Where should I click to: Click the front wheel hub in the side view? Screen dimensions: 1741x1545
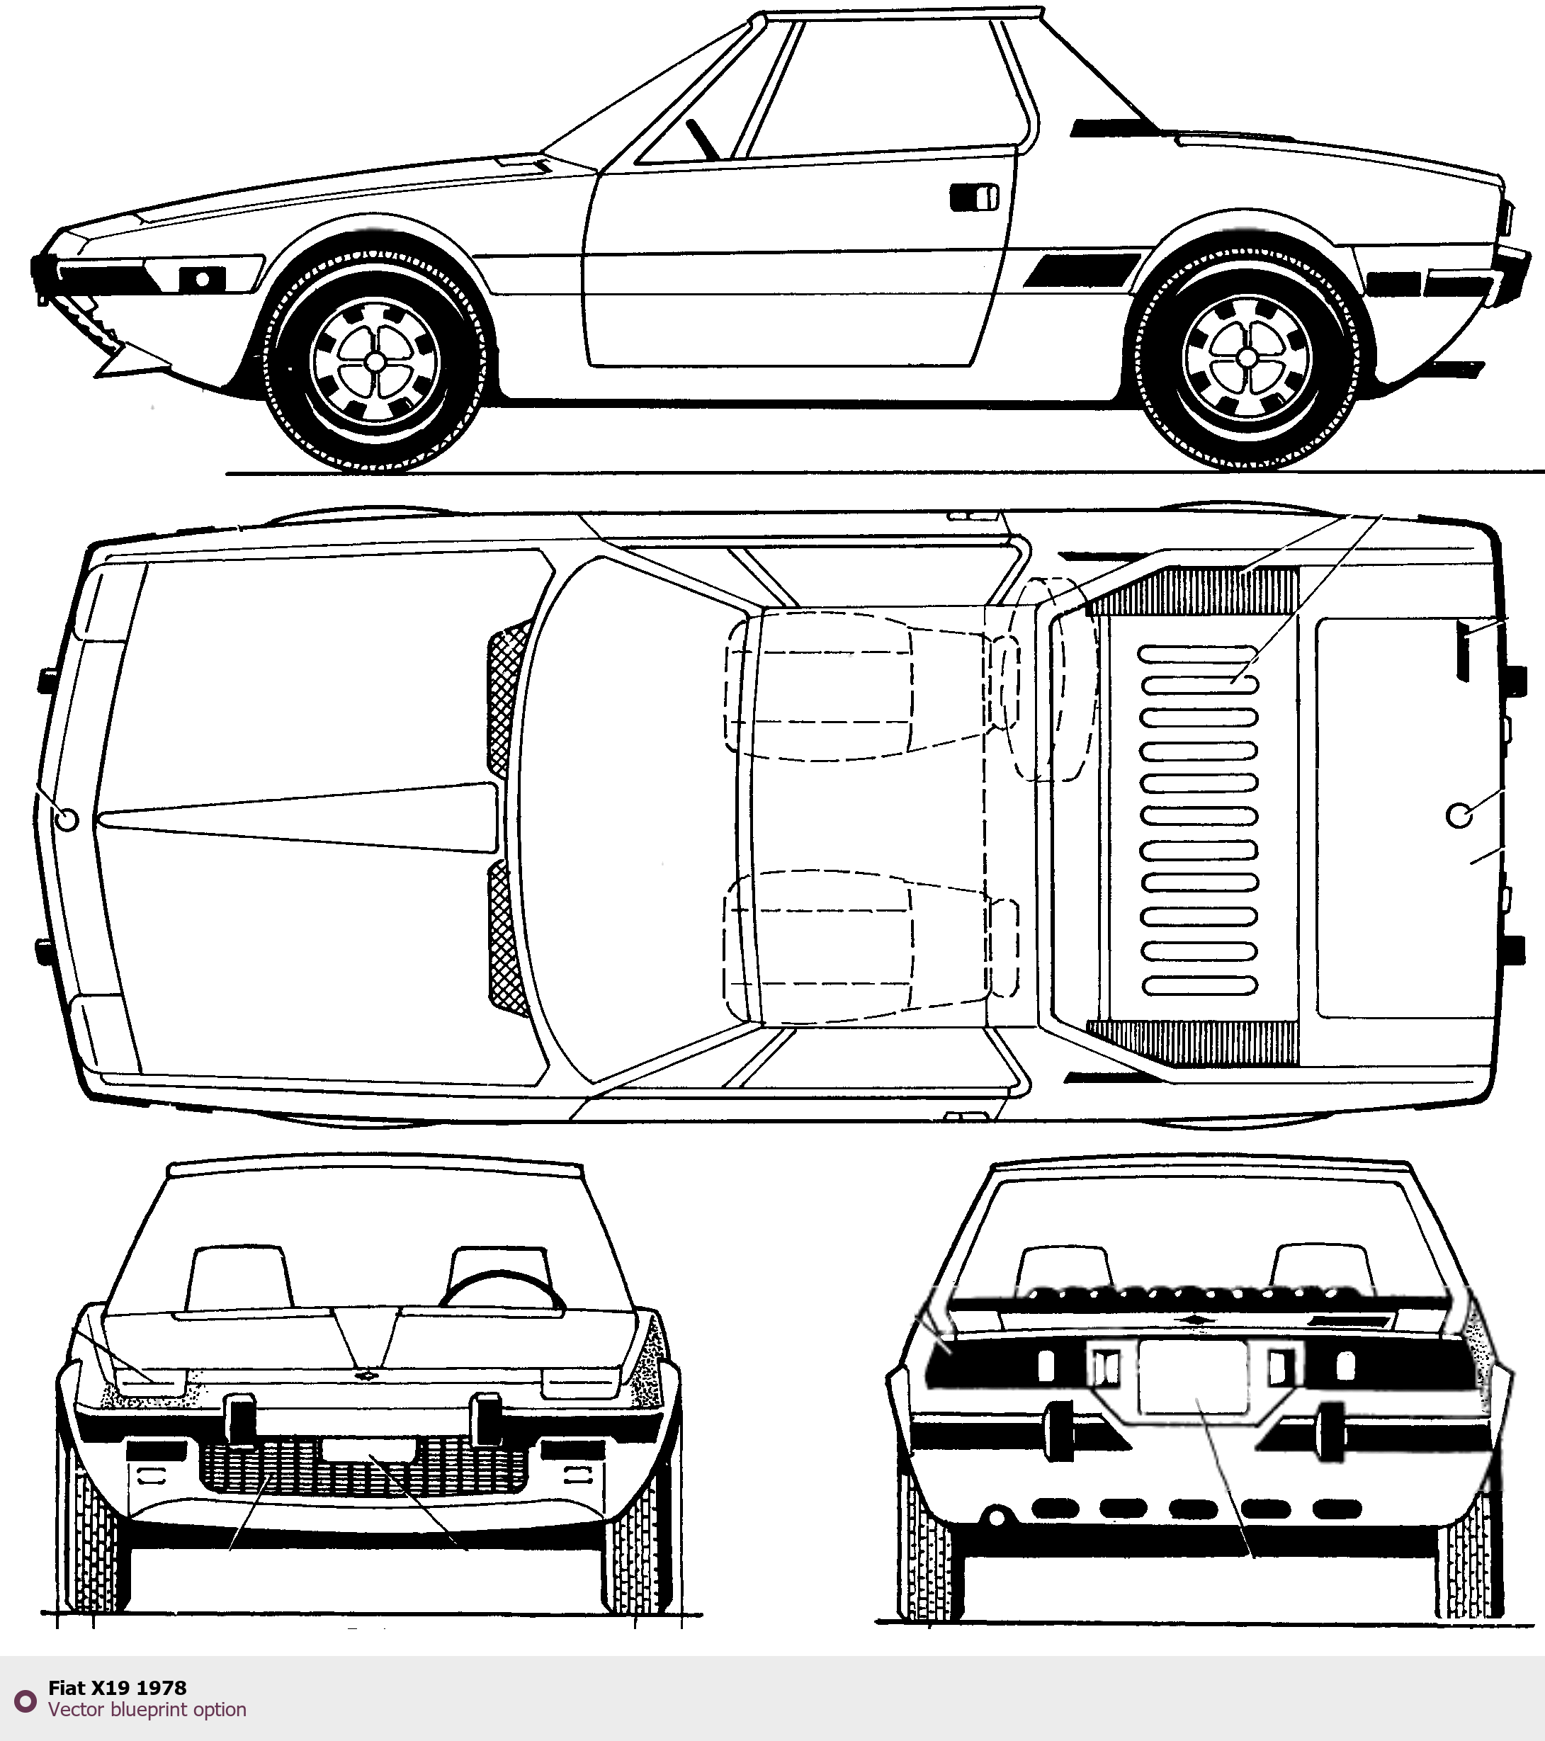[374, 361]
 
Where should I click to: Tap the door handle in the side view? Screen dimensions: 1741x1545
[974, 197]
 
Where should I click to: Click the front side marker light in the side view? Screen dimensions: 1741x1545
[202, 278]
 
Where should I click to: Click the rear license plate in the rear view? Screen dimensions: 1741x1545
[1193, 1376]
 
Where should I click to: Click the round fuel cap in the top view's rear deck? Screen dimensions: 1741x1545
[1460, 815]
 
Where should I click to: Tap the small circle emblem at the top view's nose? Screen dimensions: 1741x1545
[66, 819]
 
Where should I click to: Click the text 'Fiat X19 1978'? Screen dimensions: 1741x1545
[118, 1687]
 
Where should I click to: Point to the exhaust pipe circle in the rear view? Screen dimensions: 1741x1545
[994, 1516]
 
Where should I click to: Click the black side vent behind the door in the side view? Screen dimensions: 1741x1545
[1082, 270]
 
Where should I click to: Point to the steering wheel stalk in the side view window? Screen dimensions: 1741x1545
[703, 138]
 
